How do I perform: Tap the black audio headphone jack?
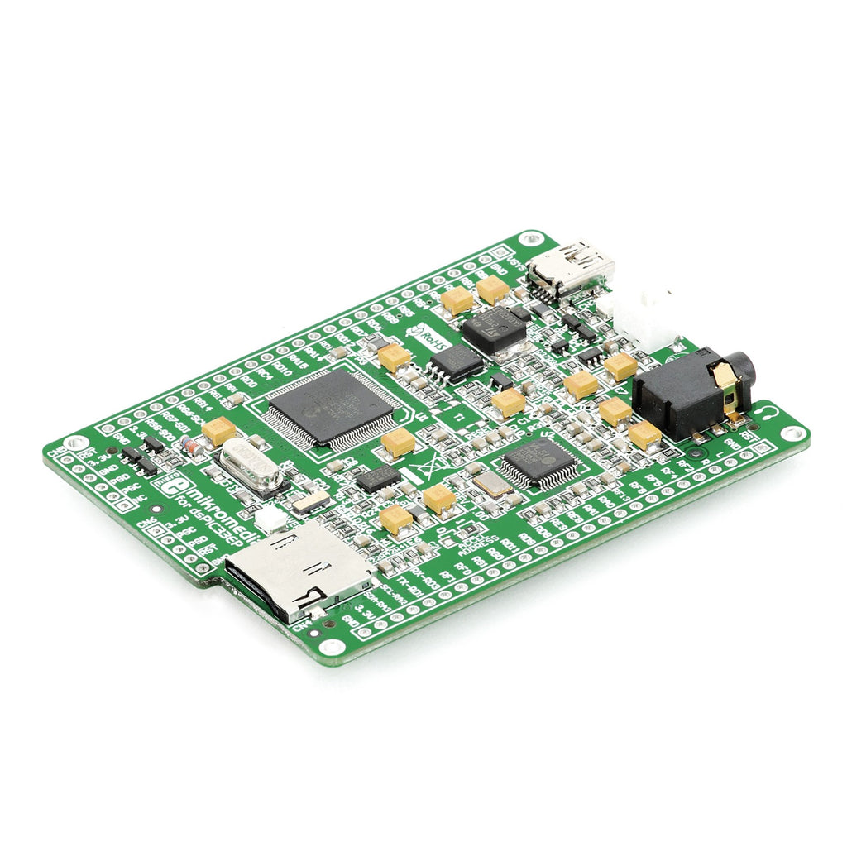click(x=691, y=392)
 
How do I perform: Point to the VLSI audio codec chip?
click(x=541, y=460)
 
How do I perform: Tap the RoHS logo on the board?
click(x=432, y=334)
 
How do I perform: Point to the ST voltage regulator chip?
click(x=494, y=328)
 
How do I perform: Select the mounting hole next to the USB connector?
click(x=528, y=240)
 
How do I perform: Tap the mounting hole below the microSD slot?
click(x=333, y=647)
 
